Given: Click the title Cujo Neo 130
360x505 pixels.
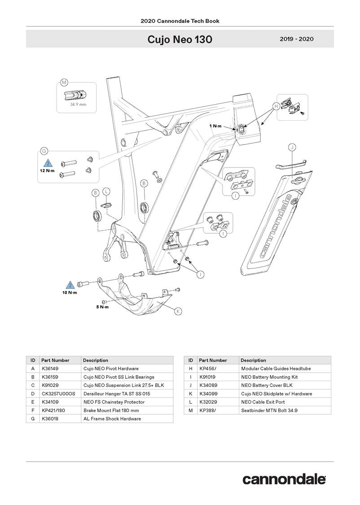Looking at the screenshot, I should pos(180,40).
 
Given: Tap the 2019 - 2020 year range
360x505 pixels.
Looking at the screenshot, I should pos(296,39).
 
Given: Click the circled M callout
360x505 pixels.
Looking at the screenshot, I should pos(64,83).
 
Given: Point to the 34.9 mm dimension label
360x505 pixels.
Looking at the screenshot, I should pos(78,105).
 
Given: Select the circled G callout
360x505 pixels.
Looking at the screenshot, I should pos(44,151).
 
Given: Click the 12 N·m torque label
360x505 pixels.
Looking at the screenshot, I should pos(46,171).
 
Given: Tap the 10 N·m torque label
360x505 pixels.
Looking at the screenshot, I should pos(70,293).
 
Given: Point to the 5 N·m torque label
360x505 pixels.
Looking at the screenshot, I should pos(102,307).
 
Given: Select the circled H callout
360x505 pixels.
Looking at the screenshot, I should pos(275,106).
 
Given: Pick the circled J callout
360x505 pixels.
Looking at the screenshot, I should pos(292,147).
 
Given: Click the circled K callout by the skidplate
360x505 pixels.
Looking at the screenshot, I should pos(178,311).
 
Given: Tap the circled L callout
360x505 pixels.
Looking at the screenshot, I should pos(106,191).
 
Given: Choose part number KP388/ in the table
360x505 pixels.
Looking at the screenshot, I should pos(207,410).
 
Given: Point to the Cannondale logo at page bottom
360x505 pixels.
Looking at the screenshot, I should pos(284,479).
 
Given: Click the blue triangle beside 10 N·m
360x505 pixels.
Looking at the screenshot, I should pos(70,285).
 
